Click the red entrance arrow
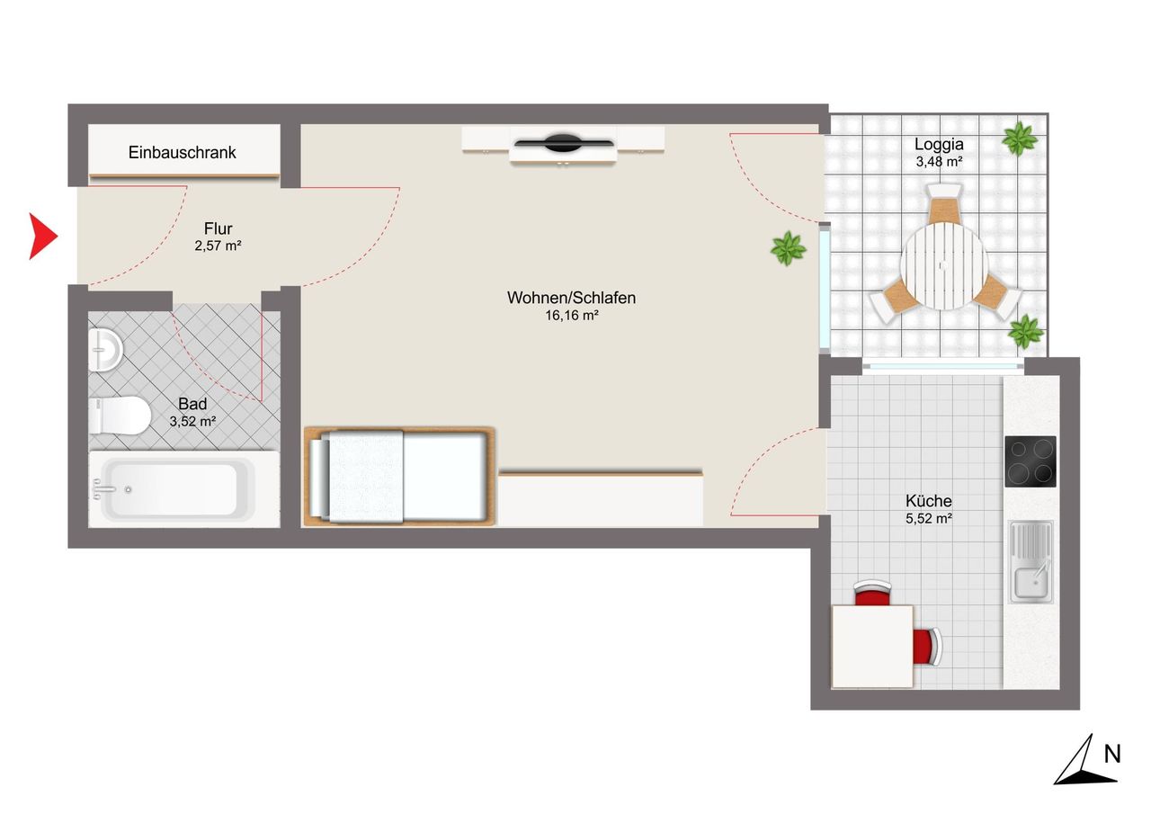[x=42, y=236]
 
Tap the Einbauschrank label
[x=182, y=153]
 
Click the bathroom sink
[x=105, y=350]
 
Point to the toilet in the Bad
[x=120, y=416]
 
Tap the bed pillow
[x=318, y=478]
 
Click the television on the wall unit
[x=564, y=143]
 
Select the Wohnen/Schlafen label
[x=571, y=298]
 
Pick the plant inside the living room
[x=788, y=249]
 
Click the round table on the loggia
[x=944, y=265]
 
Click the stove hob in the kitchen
[x=1031, y=461]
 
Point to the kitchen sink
[x=1031, y=561]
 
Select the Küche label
[x=929, y=500]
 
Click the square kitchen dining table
[x=872, y=646]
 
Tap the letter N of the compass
[x=1112, y=754]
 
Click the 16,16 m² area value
[x=571, y=315]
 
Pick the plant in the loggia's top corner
[x=1020, y=138]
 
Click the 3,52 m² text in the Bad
[x=192, y=421]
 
